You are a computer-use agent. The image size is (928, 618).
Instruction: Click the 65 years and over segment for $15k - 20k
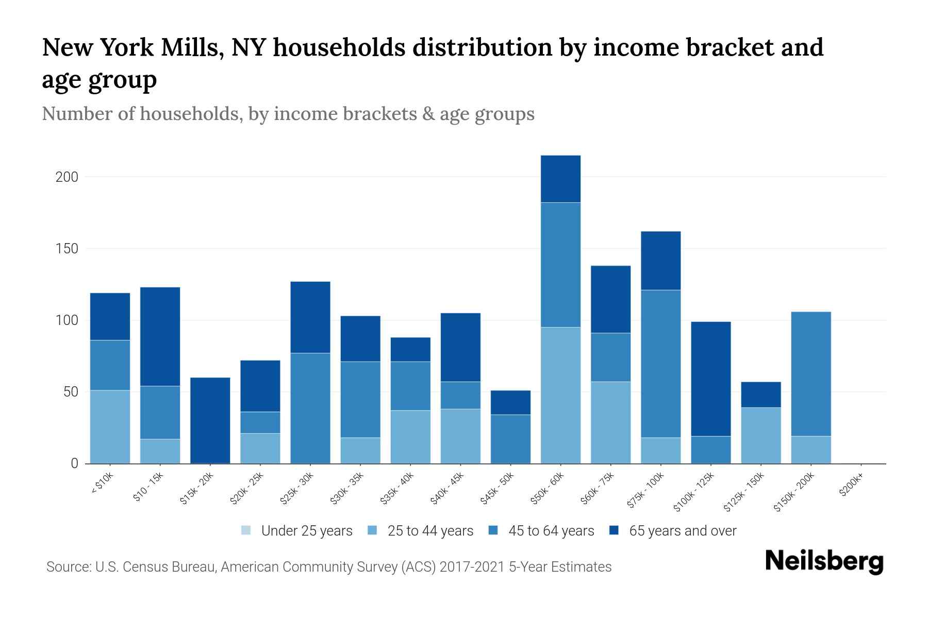coord(210,420)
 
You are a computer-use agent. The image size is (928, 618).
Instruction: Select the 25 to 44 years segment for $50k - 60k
coord(560,395)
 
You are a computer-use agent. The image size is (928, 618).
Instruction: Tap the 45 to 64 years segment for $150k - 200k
coord(811,374)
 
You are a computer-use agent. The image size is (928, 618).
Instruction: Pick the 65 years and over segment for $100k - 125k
coord(710,379)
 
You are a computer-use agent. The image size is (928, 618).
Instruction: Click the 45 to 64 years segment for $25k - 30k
coord(310,408)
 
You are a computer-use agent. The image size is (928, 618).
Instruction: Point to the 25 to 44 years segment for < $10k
coord(110,426)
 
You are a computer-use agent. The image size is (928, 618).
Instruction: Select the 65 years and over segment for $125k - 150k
coord(760,394)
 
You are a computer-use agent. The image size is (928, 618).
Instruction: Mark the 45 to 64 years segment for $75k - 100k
coord(660,364)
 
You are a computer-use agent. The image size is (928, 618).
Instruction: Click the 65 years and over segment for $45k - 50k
coord(510,402)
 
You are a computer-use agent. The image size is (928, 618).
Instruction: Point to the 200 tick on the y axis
coord(67,177)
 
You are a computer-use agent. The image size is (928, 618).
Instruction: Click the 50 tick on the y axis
coord(70,392)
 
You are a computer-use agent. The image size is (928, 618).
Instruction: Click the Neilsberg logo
coord(824,561)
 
